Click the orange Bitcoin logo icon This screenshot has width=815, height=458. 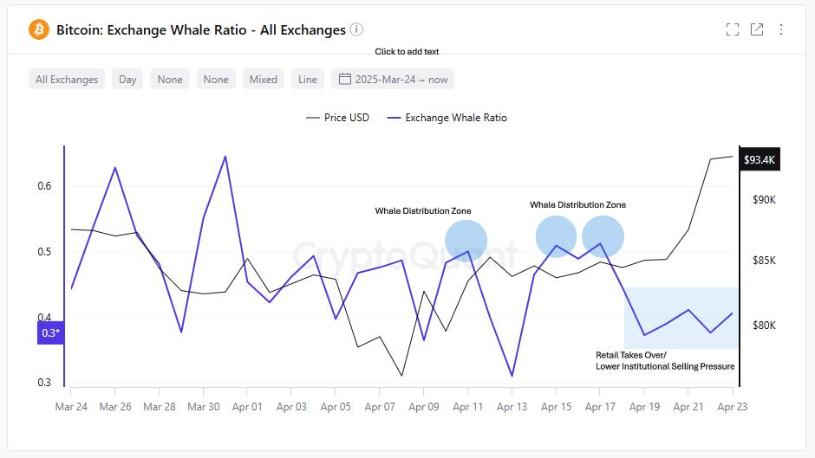click(39, 29)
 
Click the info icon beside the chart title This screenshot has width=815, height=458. click(356, 29)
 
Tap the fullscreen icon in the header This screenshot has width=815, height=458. click(733, 29)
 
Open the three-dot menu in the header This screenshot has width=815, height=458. click(781, 29)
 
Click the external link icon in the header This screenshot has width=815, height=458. click(757, 29)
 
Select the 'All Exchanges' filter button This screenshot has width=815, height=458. click(67, 79)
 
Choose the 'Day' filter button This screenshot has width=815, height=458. click(127, 79)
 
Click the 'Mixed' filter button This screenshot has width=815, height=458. click(263, 79)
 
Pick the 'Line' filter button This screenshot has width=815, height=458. click(308, 79)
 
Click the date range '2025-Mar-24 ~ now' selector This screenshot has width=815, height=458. click(393, 79)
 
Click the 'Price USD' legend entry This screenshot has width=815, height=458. click(337, 118)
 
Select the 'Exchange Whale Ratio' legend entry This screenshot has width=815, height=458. click(447, 118)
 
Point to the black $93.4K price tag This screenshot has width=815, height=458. click(760, 160)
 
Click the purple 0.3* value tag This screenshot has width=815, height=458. click(50, 332)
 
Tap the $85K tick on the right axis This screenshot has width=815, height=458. click(764, 261)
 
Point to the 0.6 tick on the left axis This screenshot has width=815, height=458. click(44, 186)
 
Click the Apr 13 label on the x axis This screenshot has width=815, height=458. click(512, 406)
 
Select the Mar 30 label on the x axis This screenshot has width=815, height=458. click(203, 406)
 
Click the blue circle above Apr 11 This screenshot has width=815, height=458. click(466, 241)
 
